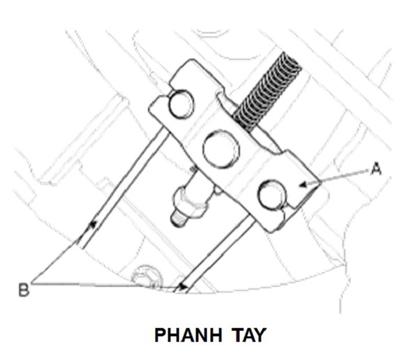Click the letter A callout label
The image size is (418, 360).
376,169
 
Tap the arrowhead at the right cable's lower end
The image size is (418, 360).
183,285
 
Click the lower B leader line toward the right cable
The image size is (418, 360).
104,285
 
